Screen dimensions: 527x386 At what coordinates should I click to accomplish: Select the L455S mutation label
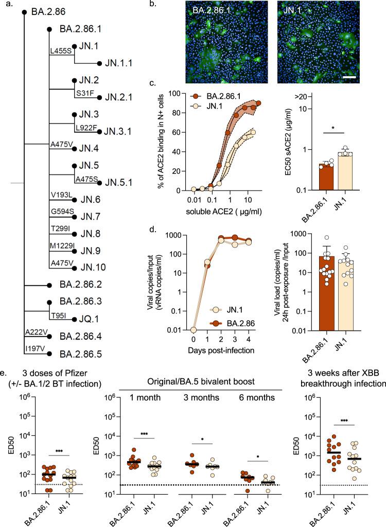pyautogui.click(x=60, y=52)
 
